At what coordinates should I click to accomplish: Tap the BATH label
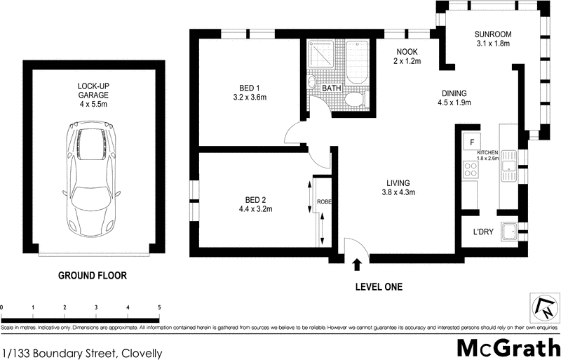(331, 88)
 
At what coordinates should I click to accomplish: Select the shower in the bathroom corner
(321, 53)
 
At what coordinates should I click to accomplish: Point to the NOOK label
(407, 51)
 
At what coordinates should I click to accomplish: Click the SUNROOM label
(492, 34)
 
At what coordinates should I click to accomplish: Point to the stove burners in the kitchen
(469, 168)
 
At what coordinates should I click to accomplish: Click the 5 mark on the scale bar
(158, 307)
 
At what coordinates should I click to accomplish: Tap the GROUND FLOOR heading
(92, 276)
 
